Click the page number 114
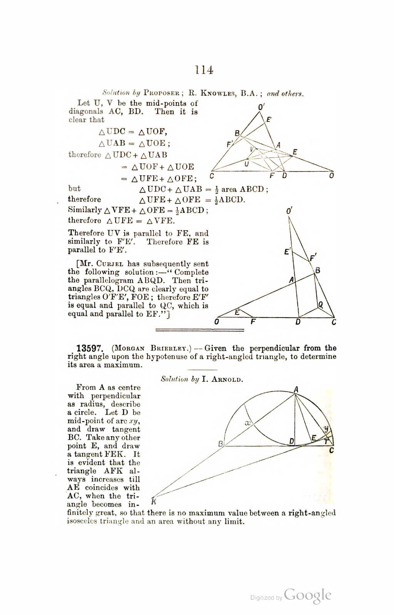(204, 70)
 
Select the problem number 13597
(89, 349)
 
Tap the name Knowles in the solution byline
(218, 93)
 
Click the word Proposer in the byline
(162, 93)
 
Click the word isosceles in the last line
(82, 522)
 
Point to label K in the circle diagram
(154, 502)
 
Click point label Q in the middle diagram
(320, 305)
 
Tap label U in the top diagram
(247, 164)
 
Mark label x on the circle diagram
(247, 423)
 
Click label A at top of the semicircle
(295, 389)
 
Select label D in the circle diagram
(292, 441)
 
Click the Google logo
(308, 595)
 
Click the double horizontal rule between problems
(199, 330)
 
